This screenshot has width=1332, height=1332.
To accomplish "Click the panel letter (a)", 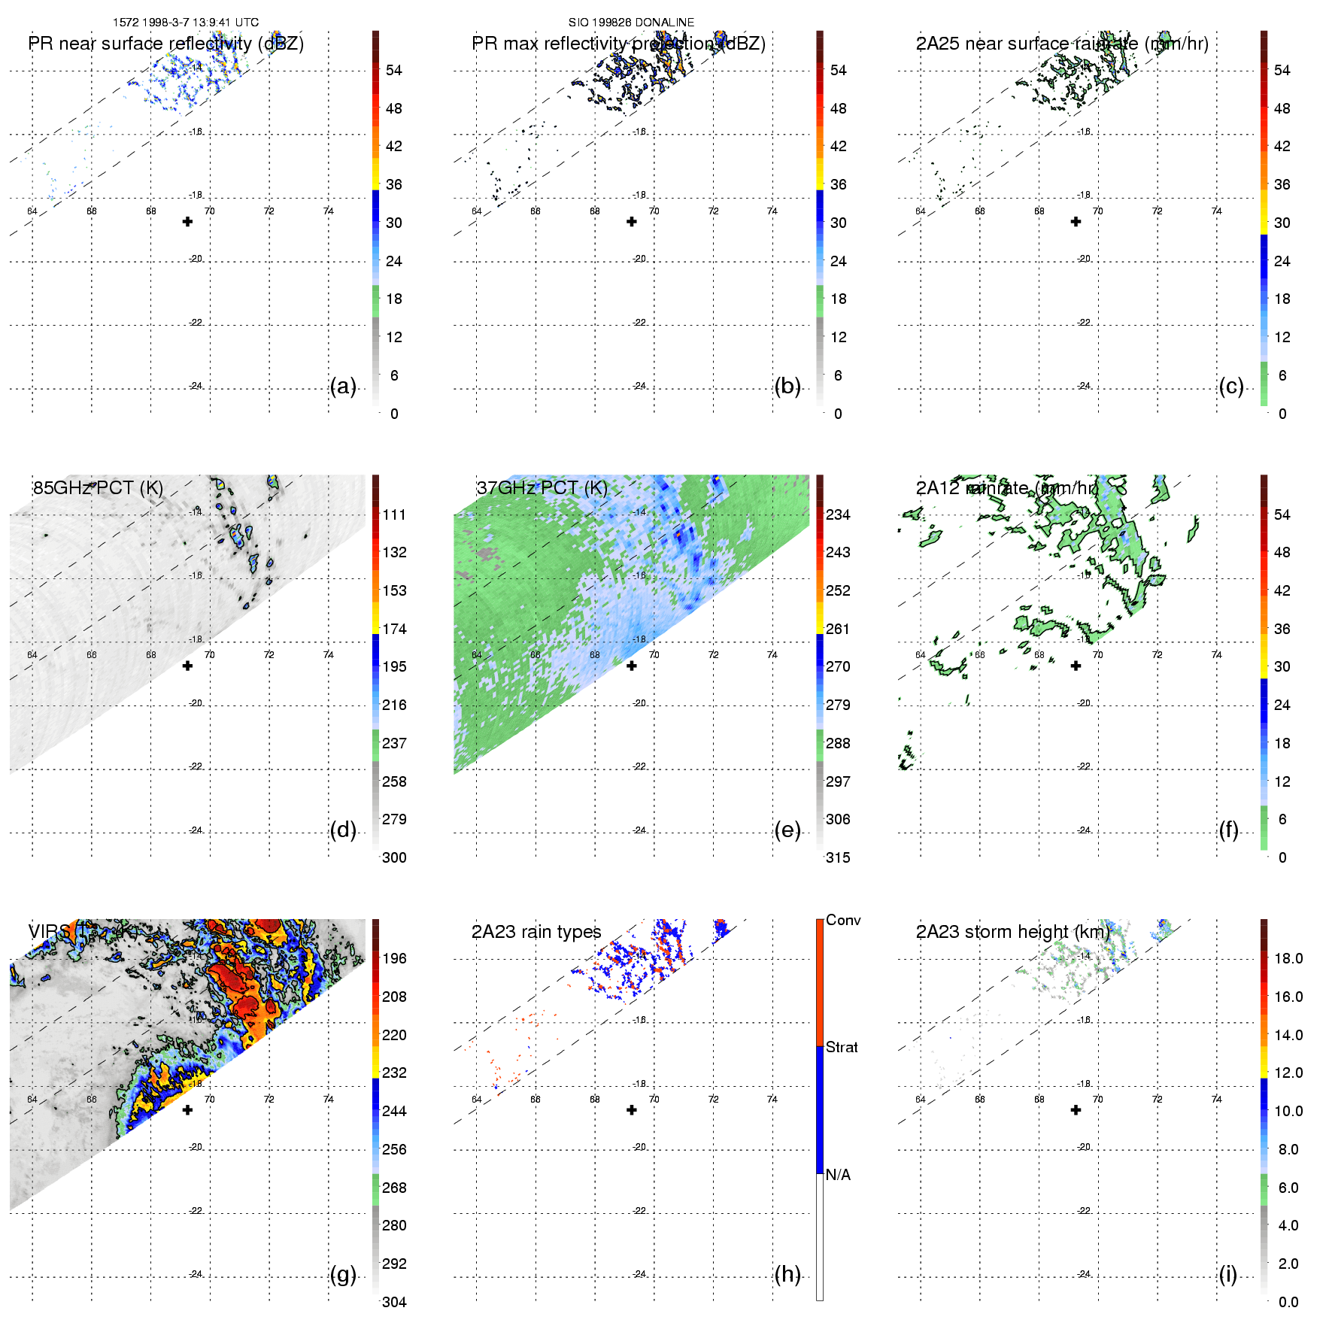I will (342, 387).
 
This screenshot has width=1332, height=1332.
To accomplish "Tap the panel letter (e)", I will (787, 830).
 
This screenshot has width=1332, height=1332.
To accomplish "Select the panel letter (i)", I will (1227, 1275).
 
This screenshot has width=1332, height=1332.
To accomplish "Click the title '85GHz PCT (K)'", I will (98, 487).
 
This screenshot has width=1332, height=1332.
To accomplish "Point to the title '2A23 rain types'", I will (536, 932).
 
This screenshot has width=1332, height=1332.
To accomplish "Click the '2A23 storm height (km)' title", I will (1012, 932).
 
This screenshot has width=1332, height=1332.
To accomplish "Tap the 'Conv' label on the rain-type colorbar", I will (843, 920).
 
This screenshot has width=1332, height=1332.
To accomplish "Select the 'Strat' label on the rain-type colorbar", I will (842, 1047).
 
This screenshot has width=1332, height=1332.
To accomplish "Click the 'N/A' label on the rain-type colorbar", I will (838, 1175).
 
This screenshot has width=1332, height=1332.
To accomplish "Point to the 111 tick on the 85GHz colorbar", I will (394, 514).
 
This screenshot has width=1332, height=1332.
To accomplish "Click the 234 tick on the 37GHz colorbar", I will (838, 514).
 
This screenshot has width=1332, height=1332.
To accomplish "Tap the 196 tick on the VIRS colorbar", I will (394, 958).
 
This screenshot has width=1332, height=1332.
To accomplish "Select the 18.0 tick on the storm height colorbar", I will (1288, 958).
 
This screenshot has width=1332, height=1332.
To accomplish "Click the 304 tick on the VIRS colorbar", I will (394, 1302).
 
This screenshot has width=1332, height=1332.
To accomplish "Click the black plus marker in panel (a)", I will (187, 221).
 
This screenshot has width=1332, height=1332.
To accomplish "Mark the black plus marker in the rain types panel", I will (632, 1109).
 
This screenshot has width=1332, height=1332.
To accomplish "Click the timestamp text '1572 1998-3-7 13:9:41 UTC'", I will (185, 23).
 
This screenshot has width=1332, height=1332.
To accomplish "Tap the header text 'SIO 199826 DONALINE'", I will (631, 23).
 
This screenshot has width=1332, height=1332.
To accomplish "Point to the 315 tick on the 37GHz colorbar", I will (838, 857).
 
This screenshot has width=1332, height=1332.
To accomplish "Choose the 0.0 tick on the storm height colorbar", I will (1288, 1302).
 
